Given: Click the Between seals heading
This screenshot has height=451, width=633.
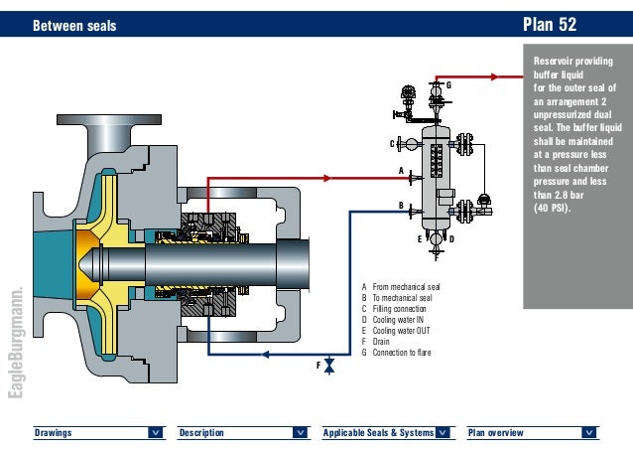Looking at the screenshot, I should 74,25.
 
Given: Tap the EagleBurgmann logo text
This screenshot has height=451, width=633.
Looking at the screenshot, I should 14,344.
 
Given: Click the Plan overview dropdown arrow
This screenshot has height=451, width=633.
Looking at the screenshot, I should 589,432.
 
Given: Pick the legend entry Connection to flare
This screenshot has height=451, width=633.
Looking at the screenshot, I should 409,352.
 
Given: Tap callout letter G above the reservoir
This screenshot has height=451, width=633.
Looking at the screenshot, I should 447,85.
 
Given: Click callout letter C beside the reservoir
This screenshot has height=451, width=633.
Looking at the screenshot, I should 393,144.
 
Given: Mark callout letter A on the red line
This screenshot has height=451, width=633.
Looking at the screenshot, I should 401,171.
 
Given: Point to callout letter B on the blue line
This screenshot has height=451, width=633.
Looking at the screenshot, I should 401,205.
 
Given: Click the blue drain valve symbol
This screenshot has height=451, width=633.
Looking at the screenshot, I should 329,367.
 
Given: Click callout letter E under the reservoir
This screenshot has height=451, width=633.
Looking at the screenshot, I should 421,239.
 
